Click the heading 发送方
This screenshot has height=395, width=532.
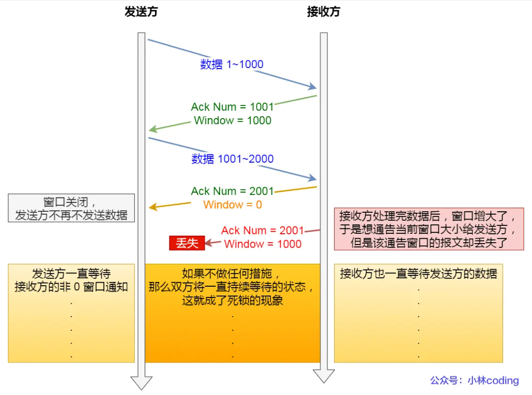(x=141, y=12)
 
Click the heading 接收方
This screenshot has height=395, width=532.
(x=323, y=12)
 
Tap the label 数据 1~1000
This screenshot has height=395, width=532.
(x=231, y=64)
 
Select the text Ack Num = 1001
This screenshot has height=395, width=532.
(x=232, y=107)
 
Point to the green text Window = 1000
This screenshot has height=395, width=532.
(x=232, y=121)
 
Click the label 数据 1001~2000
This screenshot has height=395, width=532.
(x=232, y=159)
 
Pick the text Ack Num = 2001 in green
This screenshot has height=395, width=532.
(x=232, y=191)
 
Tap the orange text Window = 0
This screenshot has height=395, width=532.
(x=232, y=205)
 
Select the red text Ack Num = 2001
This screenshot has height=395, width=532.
(x=262, y=230)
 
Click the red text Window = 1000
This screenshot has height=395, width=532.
(x=262, y=244)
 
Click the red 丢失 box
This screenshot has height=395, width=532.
(x=186, y=243)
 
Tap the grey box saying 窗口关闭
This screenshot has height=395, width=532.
(x=71, y=208)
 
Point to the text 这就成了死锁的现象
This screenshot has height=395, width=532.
(x=232, y=300)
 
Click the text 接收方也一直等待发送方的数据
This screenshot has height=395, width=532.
(x=418, y=273)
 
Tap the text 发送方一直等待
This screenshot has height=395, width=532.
(x=71, y=273)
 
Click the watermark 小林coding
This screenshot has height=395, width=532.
(x=493, y=380)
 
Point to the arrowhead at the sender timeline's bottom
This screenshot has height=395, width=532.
(x=141, y=383)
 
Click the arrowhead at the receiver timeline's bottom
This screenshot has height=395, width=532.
(x=324, y=376)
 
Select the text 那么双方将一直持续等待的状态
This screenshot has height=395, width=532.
(x=232, y=287)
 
